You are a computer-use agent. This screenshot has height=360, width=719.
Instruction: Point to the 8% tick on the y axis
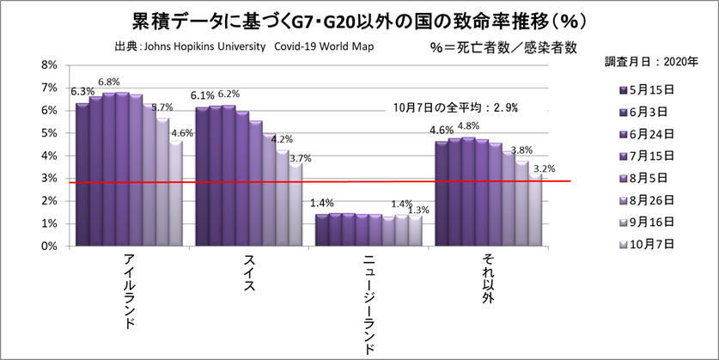49,65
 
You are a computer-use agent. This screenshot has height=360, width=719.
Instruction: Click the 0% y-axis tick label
49,246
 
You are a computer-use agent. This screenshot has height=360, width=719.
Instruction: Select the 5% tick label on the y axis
49,133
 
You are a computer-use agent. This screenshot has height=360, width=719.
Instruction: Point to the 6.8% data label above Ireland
108,82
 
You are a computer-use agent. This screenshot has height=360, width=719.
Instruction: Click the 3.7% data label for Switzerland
300,158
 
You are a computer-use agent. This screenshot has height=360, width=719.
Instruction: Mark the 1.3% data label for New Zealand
419,210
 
